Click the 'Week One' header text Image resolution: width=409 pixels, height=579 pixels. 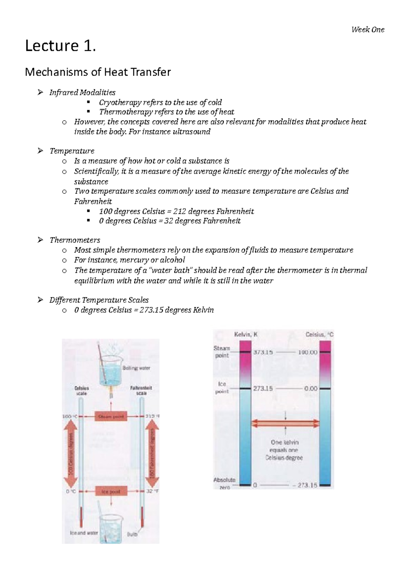click(x=367, y=30)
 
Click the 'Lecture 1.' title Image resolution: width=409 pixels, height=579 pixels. click(x=60, y=46)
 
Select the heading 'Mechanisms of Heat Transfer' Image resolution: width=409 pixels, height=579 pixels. click(x=98, y=72)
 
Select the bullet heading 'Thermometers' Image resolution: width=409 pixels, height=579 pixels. click(x=75, y=240)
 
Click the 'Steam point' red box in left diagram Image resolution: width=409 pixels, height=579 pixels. click(x=111, y=416)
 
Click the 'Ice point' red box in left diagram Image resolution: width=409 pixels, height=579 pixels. click(x=111, y=491)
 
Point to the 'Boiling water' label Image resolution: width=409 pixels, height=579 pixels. click(x=136, y=368)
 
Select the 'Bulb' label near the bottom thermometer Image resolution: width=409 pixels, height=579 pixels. click(x=132, y=534)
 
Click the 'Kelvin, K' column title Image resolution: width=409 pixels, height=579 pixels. click(x=246, y=335)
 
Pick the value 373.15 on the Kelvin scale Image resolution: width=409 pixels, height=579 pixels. click(x=263, y=352)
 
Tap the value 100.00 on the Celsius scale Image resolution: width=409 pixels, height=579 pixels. click(x=307, y=352)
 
